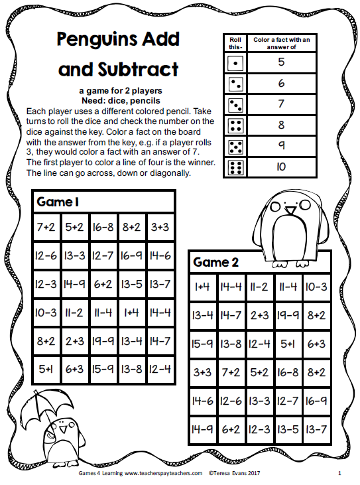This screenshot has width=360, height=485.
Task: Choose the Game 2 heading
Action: coord(215,262)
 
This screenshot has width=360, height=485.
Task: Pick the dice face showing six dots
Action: coord(233,167)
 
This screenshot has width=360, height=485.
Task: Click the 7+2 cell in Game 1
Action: coord(46,227)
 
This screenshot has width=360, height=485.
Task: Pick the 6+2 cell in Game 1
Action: coord(103,285)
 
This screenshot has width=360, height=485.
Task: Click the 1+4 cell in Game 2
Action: coord(204,287)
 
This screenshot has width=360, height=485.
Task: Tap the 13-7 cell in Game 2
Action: coord(315,430)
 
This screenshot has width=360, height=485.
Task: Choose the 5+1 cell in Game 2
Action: coord(287,344)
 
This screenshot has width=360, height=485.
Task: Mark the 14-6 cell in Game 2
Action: coord(204,401)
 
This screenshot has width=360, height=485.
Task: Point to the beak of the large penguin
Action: coord(290,211)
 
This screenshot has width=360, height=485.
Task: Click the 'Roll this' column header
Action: coord(233,44)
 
